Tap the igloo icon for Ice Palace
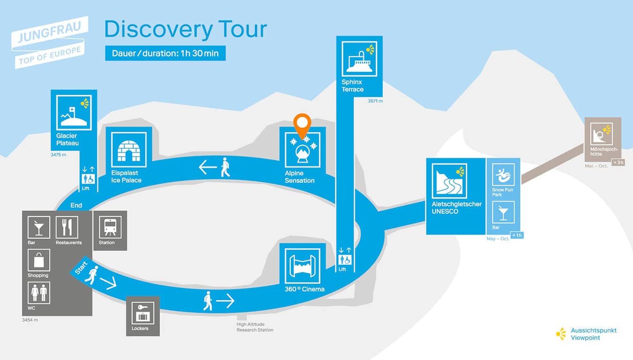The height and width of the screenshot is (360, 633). pyautogui.click(x=129, y=150)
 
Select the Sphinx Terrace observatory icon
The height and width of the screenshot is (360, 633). pyautogui.click(x=359, y=59)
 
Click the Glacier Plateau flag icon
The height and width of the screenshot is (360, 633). pyautogui.click(x=74, y=113)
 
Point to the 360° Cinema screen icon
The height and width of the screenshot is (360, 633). pyautogui.click(x=302, y=266)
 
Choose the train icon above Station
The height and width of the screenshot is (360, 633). pyautogui.click(x=110, y=227)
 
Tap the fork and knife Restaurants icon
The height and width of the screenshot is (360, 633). pyautogui.click(x=67, y=227)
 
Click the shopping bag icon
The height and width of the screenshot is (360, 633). pyautogui.click(x=39, y=260)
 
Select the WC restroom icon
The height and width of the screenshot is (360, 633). pyautogui.click(x=39, y=293)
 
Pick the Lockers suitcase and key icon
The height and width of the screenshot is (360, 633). pyautogui.click(x=143, y=313)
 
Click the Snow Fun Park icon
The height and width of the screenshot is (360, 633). pyautogui.click(x=503, y=175)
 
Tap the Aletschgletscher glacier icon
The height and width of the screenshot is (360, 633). pyautogui.click(x=449, y=181)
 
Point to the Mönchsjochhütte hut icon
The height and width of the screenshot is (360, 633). pyautogui.click(x=601, y=134)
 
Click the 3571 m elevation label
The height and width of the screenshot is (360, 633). pyautogui.click(x=375, y=101)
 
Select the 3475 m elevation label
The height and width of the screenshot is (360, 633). pyautogui.click(x=58, y=155)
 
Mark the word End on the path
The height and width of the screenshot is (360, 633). pyautogui.click(x=76, y=205)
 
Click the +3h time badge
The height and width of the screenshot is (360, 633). pyautogui.click(x=618, y=163)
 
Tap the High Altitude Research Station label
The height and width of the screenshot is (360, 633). pyautogui.click(x=255, y=327)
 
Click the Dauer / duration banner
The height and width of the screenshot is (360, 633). pyautogui.click(x=166, y=53)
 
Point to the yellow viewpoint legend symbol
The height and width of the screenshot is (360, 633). pyautogui.click(x=561, y=334)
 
